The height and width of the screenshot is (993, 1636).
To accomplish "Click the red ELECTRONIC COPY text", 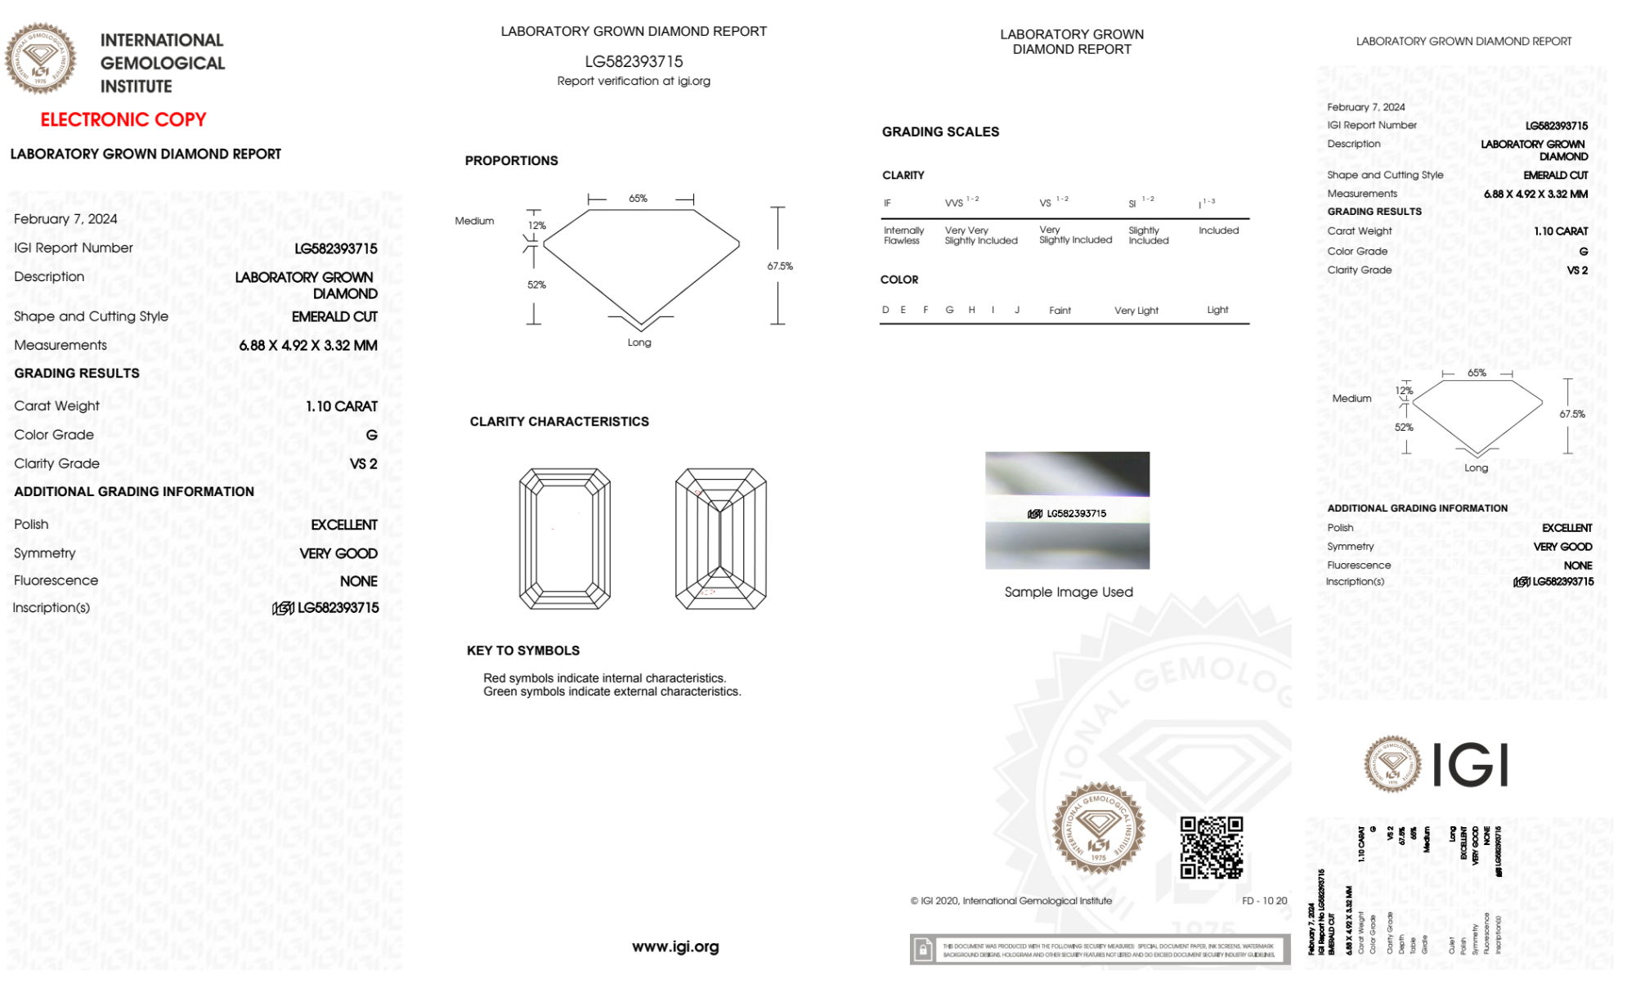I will click(123, 120).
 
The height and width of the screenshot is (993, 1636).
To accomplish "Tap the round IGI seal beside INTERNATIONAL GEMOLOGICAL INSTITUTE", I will click(40, 59).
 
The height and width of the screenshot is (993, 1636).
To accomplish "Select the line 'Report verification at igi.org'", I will click(634, 81).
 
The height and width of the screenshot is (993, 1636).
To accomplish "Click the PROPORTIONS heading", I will click(511, 161).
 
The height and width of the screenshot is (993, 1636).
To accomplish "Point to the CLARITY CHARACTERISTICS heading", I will click(559, 422).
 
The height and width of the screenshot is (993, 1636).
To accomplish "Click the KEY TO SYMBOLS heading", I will click(523, 651).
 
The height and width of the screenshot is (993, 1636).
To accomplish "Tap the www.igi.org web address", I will click(675, 946).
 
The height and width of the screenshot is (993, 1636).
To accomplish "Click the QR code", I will click(1211, 847).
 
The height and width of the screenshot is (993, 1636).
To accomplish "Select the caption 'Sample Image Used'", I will click(1069, 592).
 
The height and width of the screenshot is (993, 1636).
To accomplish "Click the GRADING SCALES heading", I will click(940, 132).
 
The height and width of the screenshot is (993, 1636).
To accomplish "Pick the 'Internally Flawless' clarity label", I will click(903, 235).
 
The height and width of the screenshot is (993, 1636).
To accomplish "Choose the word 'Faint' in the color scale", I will click(1060, 311).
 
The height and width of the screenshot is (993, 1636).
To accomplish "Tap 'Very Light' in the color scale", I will click(1136, 311).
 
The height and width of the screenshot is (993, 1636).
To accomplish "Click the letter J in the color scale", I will click(1017, 310).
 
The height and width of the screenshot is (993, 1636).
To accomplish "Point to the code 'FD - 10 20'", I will click(1264, 901).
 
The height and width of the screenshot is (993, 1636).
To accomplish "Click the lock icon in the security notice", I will click(923, 950).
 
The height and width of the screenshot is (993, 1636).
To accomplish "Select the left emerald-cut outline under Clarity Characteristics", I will click(565, 539).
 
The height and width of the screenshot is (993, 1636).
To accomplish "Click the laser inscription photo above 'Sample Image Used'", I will click(1067, 510).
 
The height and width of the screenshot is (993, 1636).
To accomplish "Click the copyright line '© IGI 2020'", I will click(1011, 901).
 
